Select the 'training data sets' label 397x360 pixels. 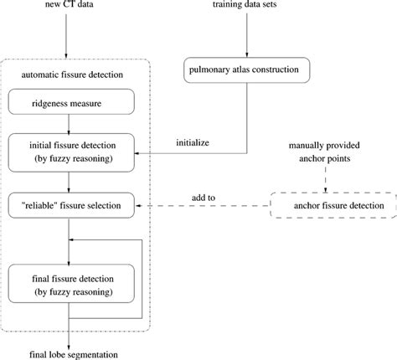[246, 8]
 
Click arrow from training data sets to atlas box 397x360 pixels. [246, 38]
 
